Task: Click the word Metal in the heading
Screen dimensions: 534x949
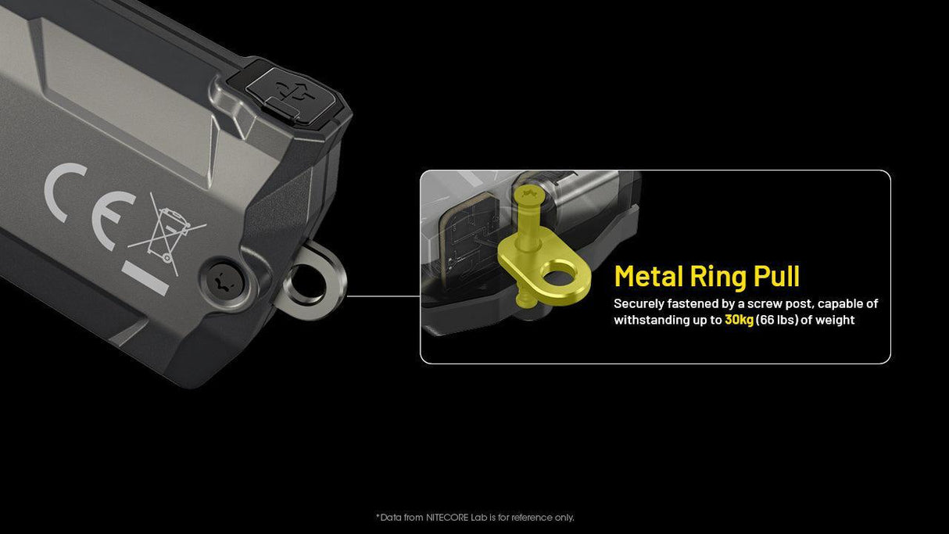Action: [x=648, y=276]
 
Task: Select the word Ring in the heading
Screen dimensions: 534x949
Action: [x=718, y=276]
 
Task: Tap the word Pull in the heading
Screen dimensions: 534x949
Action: [x=776, y=276]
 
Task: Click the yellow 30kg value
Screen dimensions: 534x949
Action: [x=739, y=320]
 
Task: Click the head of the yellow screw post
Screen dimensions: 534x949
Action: [x=525, y=193]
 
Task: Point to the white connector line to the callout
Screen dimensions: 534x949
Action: [x=383, y=296]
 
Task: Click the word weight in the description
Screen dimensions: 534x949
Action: [x=836, y=320]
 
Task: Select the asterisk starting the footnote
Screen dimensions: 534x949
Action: [x=378, y=517]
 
